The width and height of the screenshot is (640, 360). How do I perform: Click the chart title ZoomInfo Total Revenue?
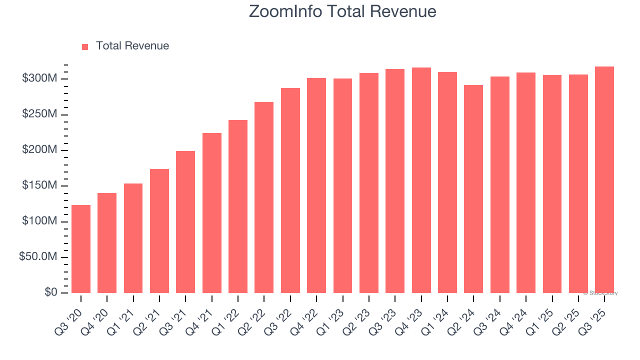[x=342, y=11]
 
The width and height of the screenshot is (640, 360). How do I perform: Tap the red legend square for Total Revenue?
[x=85, y=46]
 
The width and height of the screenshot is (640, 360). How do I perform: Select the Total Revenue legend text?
[x=132, y=46]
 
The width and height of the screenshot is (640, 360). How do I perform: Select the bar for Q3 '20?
[x=81, y=249]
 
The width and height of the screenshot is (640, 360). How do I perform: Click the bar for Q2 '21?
[x=159, y=231]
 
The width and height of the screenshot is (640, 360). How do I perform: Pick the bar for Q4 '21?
[x=212, y=213]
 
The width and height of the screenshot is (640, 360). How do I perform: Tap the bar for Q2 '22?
[x=264, y=197]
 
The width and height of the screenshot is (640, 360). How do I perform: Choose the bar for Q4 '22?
[x=316, y=185]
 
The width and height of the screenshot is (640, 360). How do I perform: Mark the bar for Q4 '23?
[x=421, y=180]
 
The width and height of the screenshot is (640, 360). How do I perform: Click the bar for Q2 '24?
[x=473, y=189]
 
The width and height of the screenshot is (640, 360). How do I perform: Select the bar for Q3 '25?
[x=604, y=179]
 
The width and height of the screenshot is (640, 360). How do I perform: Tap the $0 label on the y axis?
[x=50, y=292]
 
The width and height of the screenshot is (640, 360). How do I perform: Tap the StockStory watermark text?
[x=600, y=293]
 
